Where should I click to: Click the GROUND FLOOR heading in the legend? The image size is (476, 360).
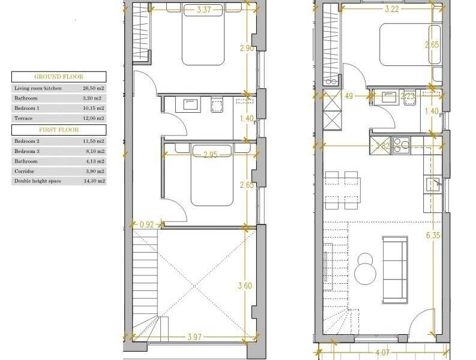point(59,77)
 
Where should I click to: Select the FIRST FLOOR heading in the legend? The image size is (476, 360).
point(59,130)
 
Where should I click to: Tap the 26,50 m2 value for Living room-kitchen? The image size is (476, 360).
point(94,88)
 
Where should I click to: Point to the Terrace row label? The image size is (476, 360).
point(23,119)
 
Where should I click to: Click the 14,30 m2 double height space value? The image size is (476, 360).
point(94,181)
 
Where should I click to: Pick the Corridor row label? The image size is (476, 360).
point(25,170)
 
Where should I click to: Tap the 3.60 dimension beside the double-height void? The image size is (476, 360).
point(245,286)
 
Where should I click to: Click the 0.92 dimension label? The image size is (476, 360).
point(146,225)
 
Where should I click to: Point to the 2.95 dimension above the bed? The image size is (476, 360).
point(210,155)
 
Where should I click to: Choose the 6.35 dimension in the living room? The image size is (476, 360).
point(433,236)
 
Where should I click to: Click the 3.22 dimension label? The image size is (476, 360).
point(391,9)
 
